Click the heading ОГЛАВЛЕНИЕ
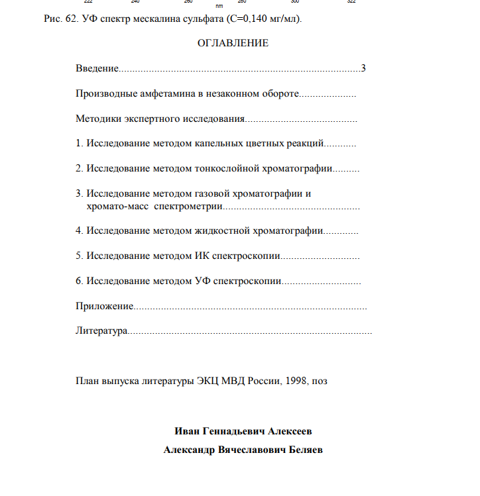pyautogui.click(x=233, y=43)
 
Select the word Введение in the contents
pyautogui.click(x=97, y=68)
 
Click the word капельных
pyautogui.click(x=215, y=143)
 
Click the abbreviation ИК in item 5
pyautogui.click(x=202, y=256)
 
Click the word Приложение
pyautogui.click(x=105, y=306)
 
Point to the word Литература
pyautogui.click(x=101, y=330)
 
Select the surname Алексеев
pyautogui.click(x=290, y=431)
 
